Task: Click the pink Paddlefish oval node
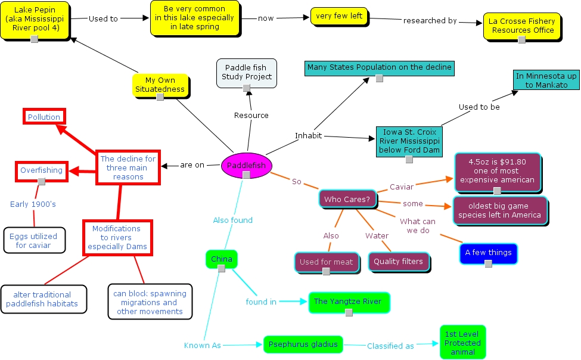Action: pos(246,166)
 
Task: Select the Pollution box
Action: pos(44,117)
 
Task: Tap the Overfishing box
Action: pos(41,170)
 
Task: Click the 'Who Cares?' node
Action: pos(347,200)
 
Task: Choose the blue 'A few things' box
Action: pos(488,253)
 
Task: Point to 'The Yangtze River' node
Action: pos(348,302)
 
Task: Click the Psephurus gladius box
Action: pos(303,345)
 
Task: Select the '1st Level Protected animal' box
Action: pos(462,343)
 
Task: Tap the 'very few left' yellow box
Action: pos(339,16)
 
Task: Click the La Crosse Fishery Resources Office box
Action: pos(521,26)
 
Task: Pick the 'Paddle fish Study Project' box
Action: pos(246,72)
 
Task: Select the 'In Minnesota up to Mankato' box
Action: pos(546,80)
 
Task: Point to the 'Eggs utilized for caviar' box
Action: pos(33,241)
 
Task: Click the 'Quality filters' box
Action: pos(399,261)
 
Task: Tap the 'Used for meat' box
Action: pos(326,262)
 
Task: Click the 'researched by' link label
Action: pos(430,20)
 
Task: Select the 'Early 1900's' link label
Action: pos(33,204)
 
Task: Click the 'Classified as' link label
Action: pos(390,346)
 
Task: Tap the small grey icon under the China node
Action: pos(221,269)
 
